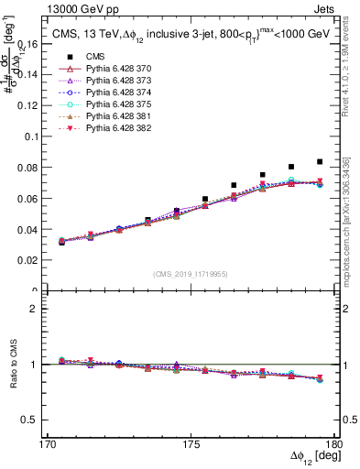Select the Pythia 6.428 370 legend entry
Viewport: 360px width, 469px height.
point(100,71)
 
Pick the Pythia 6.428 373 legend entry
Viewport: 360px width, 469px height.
point(100,82)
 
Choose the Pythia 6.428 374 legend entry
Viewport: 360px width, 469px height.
point(100,94)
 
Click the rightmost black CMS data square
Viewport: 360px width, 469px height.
point(320,162)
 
